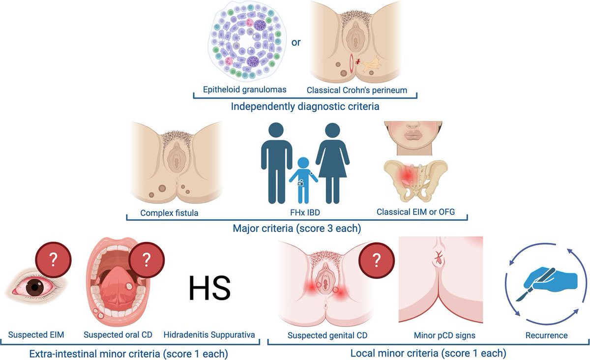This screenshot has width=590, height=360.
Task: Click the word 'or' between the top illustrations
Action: coord(296,42)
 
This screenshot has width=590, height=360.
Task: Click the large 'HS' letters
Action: coord(209,288)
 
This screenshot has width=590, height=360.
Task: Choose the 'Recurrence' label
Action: coord(540,335)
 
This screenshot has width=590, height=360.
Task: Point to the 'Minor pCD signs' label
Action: coord(444,335)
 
